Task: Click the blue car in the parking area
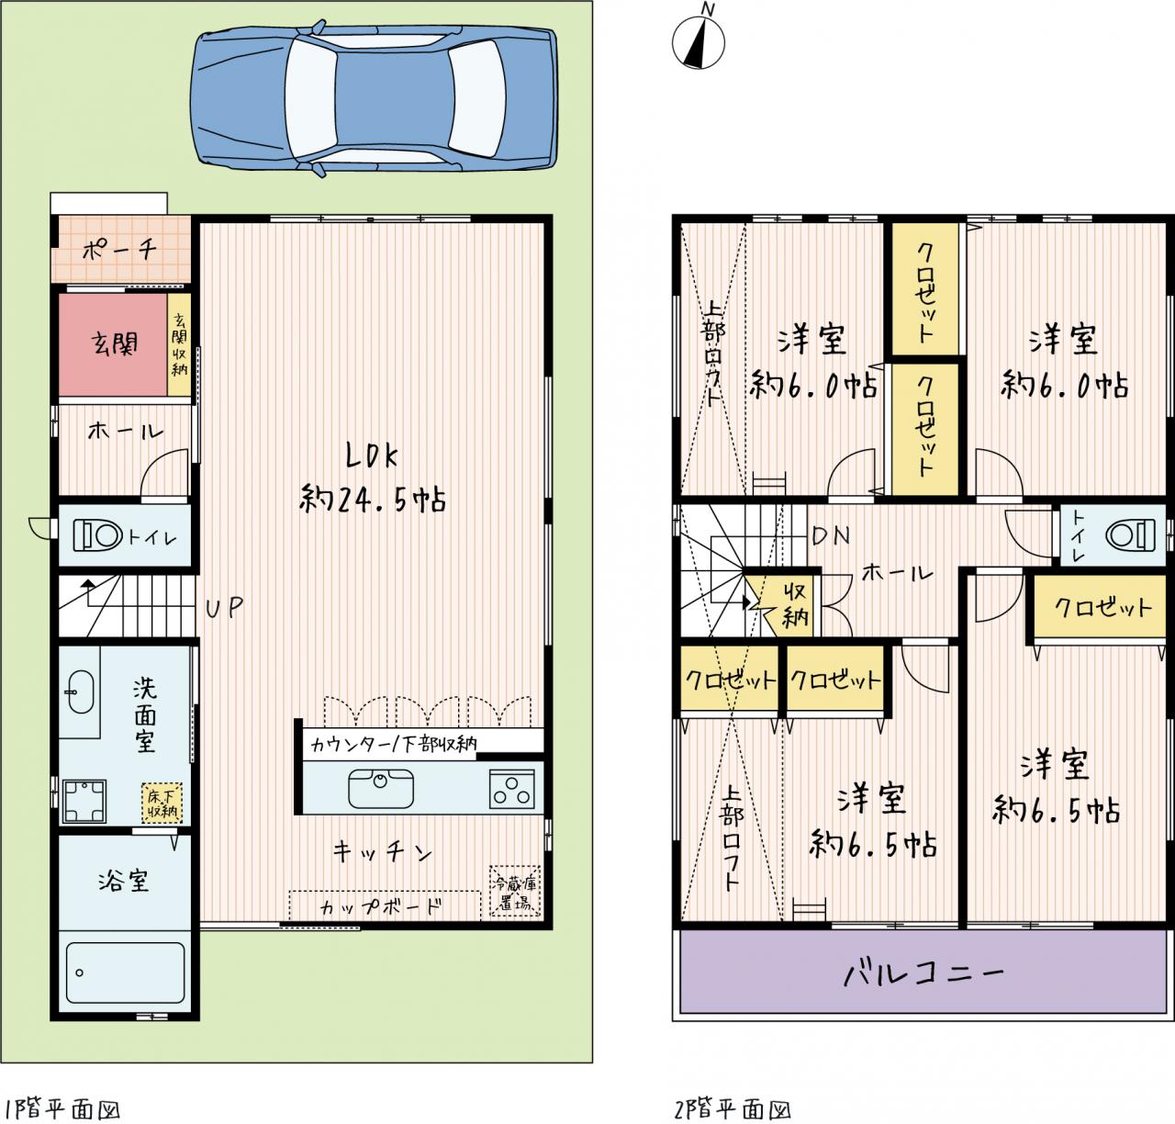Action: click(374, 98)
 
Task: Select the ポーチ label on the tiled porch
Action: click(119, 249)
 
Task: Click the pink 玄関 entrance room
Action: click(113, 344)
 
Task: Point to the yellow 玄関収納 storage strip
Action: click(179, 344)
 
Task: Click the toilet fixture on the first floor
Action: click(98, 535)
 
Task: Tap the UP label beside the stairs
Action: click(225, 608)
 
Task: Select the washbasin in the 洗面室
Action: click(80, 691)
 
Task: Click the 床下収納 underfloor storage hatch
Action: click(162, 804)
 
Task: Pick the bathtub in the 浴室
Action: click(126, 972)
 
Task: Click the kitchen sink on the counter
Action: click(381, 788)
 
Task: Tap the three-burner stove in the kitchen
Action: click(511, 789)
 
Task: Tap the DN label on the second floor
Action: click(832, 535)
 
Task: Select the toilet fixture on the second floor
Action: click(1130, 535)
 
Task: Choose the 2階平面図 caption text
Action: click(732, 1109)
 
